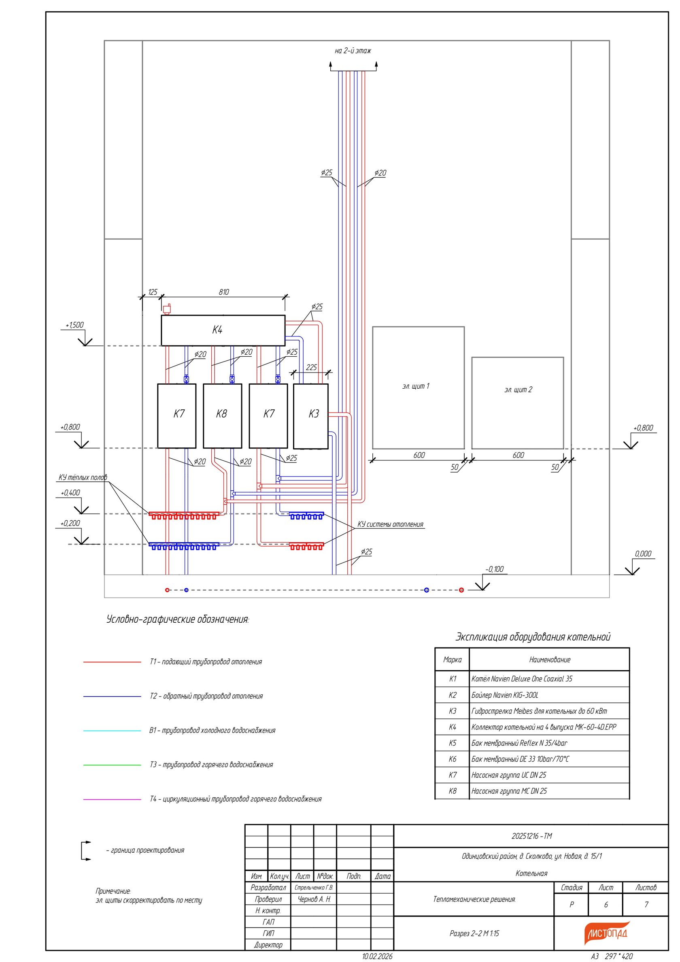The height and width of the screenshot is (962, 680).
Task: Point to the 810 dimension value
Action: (224, 292)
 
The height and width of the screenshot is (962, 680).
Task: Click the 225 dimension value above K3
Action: (311, 367)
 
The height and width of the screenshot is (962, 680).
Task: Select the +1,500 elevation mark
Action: (74, 325)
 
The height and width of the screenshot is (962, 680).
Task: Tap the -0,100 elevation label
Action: (494, 568)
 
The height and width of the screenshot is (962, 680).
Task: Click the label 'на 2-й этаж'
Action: (353, 51)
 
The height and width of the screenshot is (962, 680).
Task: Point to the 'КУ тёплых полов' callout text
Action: (83, 477)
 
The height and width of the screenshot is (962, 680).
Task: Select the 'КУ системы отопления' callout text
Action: (391, 524)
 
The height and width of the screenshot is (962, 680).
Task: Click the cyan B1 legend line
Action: (112, 730)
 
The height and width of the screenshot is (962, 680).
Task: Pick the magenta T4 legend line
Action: (112, 799)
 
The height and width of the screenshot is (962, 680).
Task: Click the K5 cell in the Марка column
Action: (453, 743)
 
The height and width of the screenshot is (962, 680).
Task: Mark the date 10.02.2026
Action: (377, 956)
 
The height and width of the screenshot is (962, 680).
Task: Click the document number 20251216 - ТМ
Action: (532, 836)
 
